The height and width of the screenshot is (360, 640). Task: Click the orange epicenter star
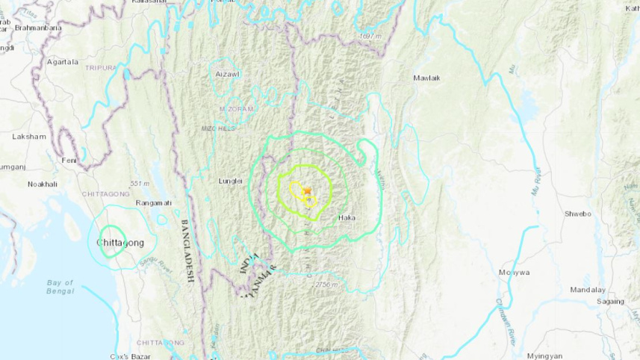coord(307,191)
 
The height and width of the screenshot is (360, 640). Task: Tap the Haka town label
coord(346,218)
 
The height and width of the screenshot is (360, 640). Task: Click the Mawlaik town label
coord(426,78)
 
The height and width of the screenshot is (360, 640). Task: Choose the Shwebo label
coord(577,213)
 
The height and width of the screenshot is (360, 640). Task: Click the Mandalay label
coord(587,289)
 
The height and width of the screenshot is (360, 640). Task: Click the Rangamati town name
coord(154,202)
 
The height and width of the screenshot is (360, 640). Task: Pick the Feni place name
coord(69,160)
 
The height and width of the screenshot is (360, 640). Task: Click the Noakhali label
coord(43,184)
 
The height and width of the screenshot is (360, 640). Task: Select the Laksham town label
coord(29,137)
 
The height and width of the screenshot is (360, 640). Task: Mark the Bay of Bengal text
coord(60,287)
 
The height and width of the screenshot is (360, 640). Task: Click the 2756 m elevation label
coord(326,285)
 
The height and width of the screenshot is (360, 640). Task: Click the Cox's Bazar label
coord(128,356)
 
